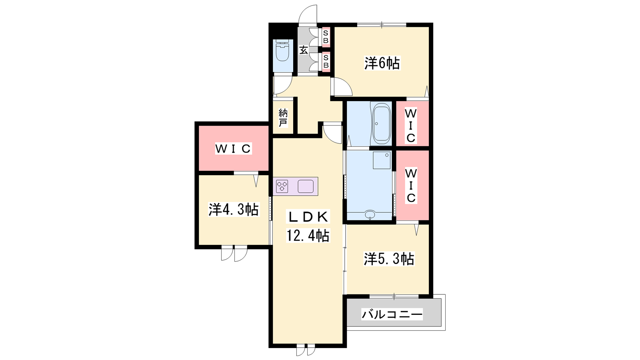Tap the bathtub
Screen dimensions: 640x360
(382, 124)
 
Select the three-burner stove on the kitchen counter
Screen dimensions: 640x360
(282, 186)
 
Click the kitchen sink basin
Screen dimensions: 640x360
(306, 186)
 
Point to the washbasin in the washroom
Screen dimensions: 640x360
(370, 214)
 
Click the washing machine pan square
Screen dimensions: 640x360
(382, 160)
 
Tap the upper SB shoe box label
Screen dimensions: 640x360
(326, 37)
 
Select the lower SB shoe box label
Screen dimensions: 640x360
(326, 62)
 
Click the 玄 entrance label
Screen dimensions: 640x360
(304, 50)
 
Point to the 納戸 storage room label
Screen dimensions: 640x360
(283, 118)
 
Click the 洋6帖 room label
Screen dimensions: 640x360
(382, 63)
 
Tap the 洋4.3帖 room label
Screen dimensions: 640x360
(234, 210)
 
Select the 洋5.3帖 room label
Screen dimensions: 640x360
(388, 259)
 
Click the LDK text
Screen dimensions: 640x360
(308, 218)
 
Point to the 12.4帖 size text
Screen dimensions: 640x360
(308, 236)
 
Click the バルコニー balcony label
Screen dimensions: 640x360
(392, 314)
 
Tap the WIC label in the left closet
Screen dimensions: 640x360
(233, 149)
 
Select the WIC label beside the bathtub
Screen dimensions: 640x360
(410, 126)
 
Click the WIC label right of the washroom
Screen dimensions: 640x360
(411, 186)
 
